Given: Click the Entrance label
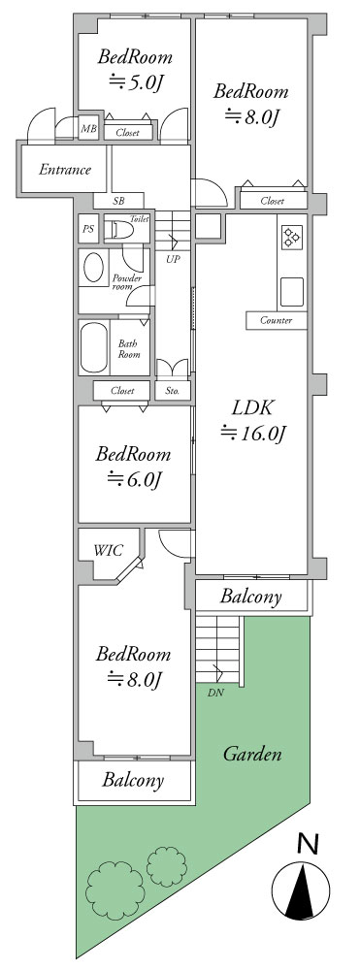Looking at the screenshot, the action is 65,170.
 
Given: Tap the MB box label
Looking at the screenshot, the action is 89,129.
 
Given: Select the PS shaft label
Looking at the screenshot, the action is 88,229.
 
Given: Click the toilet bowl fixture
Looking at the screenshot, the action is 118,231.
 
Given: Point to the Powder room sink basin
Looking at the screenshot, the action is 95,268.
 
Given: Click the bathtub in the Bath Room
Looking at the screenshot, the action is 94,347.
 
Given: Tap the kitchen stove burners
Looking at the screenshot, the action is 291,238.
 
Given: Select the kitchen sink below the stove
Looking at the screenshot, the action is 292,292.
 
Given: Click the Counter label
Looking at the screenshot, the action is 276,320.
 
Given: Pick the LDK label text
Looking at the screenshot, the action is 253,408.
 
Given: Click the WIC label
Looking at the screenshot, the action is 109,550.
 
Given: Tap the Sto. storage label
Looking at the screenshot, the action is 172,391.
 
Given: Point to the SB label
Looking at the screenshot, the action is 118,201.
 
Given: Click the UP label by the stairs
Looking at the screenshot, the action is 173,259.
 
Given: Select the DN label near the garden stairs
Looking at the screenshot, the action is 215,693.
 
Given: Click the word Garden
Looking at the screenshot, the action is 252,754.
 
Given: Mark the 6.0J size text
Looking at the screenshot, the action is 135,478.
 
